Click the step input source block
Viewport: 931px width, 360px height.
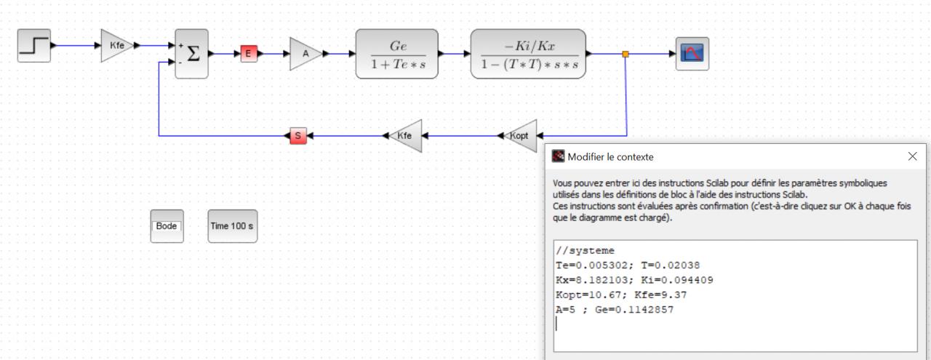point(34,47)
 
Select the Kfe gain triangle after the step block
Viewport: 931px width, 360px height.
point(116,45)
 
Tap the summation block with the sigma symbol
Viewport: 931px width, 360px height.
point(191,53)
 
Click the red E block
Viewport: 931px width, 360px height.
point(249,53)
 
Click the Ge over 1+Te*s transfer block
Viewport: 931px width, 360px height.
point(397,54)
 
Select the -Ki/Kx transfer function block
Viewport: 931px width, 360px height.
point(528,54)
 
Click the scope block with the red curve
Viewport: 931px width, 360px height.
point(692,54)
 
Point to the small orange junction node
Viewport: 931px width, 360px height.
point(626,54)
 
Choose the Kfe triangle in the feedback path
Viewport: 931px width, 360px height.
point(407,136)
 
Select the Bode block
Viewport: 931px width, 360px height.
point(167,226)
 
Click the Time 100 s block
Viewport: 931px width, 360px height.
point(233,226)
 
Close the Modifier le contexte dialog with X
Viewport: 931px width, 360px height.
point(913,156)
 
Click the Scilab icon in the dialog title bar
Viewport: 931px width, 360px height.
point(559,156)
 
